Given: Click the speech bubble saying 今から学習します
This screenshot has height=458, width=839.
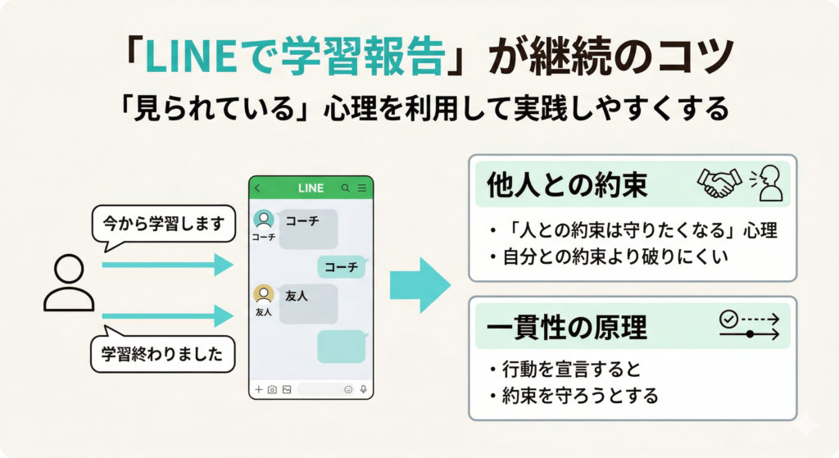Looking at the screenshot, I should click(164, 224).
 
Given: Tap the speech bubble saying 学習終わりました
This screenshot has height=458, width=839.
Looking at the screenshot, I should click(162, 355).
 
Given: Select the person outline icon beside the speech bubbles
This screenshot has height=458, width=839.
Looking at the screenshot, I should click(68, 283).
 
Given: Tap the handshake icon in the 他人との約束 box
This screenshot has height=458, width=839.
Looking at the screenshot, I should click(719, 184).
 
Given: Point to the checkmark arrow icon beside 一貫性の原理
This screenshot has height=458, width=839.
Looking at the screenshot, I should click(749, 325).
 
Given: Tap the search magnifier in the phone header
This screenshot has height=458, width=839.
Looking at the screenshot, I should click(346, 188).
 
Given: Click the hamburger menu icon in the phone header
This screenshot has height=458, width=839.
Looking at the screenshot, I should click(361, 188).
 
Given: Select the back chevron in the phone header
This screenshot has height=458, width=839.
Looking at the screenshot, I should click(258, 188).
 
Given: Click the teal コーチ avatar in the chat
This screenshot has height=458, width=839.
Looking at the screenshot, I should click(264, 219).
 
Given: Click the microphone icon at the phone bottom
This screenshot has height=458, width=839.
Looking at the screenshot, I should click(363, 389).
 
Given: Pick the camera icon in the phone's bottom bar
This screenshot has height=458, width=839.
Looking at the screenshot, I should click(272, 389).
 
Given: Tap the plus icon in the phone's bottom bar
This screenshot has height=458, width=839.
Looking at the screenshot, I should click(259, 389).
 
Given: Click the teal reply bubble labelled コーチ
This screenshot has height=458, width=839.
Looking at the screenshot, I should click(340, 267).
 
